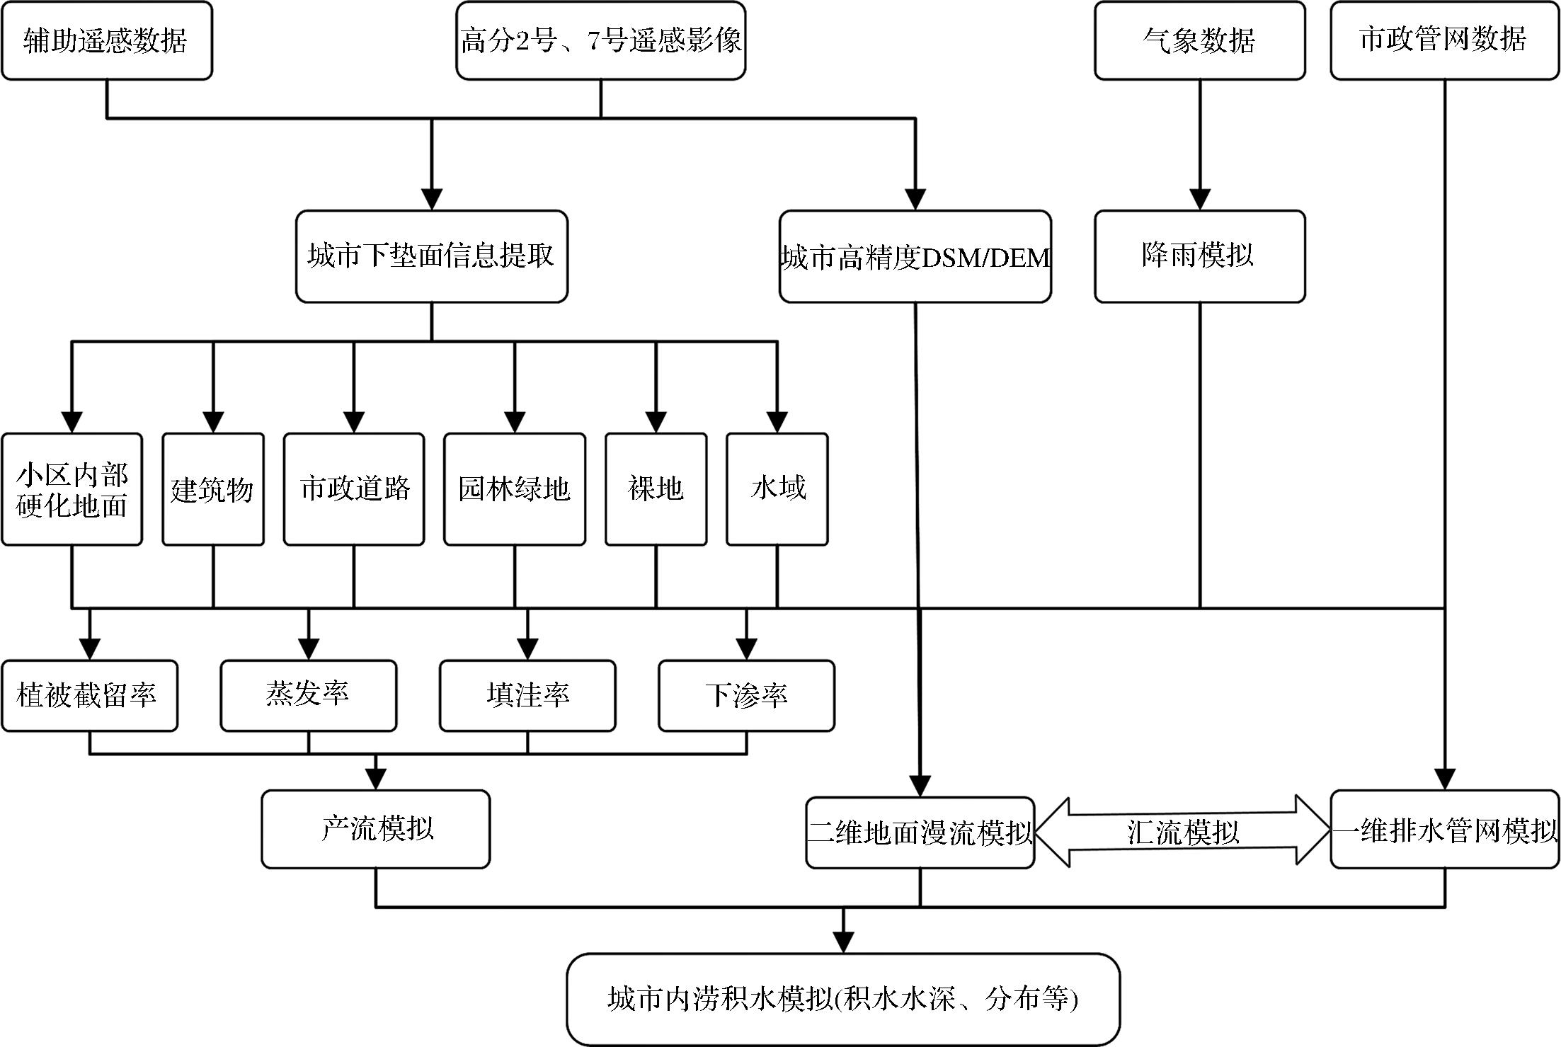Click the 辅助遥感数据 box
(x=106, y=40)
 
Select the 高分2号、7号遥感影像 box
(x=600, y=40)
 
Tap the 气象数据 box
(x=1199, y=40)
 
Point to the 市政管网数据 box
(x=1444, y=40)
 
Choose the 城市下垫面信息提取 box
(x=431, y=256)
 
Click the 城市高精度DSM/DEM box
(x=915, y=256)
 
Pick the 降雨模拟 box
(x=1199, y=256)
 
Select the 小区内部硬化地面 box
(x=72, y=489)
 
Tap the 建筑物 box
(x=213, y=489)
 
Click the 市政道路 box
(x=354, y=489)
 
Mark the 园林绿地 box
(x=515, y=489)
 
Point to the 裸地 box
(x=656, y=489)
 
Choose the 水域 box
(x=777, y=489)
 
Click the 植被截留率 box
(x=89, y=695)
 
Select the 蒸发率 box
(x=308, y=695)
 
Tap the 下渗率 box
(x=746, y=695)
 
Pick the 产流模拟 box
(x=376, y=829)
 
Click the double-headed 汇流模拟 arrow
(x=1182, y=832)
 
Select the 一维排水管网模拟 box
(x=1444, y=829)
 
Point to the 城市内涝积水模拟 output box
(x=842, y=999)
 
